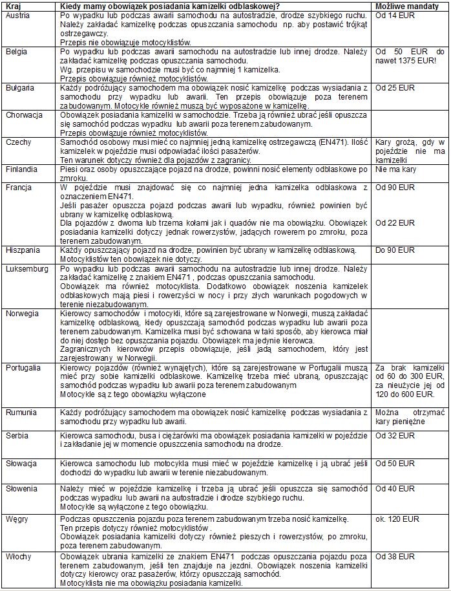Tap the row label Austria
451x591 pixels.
pyautogui.click(x=17, y=14)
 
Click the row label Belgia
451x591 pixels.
pyautogui.click(x=16, y=50)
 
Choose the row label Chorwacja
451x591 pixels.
pyautogui.click(x=24, y=114)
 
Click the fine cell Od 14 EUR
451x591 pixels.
pyautogui.click(x=395, y=14)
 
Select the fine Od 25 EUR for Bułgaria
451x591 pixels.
pyautogui.click(x=395, y=87)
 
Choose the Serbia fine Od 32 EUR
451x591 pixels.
pyautogui.click(x=395, y=436)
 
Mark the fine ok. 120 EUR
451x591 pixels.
pyautogui.click(x=397, y=519)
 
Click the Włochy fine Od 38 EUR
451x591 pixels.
pyautogui.click(x=395, y=557)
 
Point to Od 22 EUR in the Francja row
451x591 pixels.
pyautogui.click(x=395, y=223)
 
